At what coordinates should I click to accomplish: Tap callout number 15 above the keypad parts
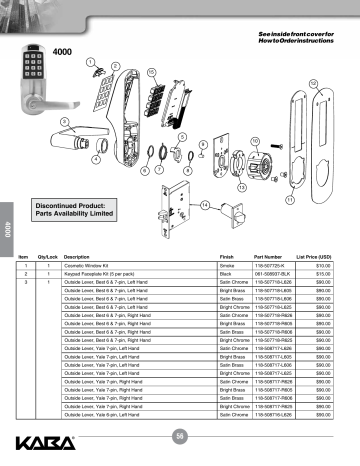[x=151, y=73]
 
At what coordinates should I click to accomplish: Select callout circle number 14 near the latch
[x=204, y=205]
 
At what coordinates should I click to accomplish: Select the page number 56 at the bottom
[x=180, y=434]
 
